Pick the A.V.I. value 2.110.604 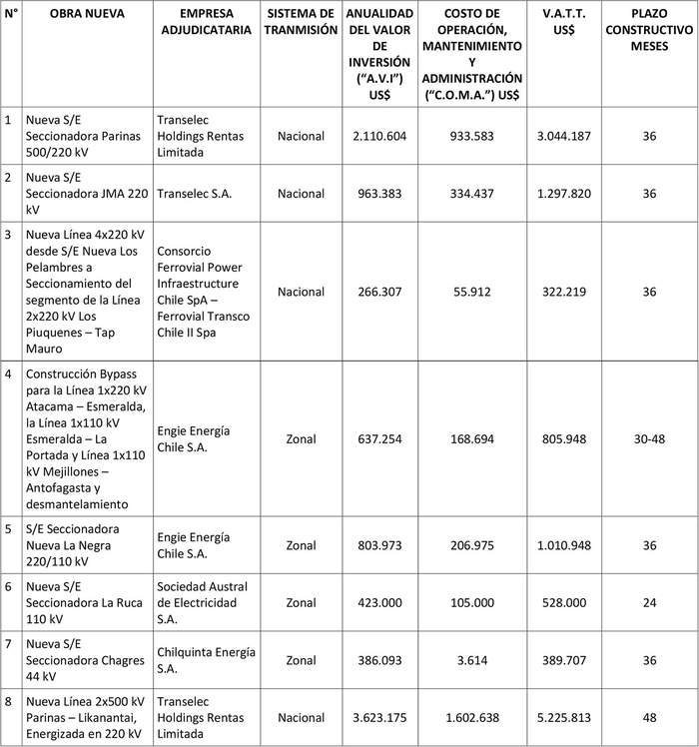click(x=379, y=135)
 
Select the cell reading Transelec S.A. click(x=195, y=194)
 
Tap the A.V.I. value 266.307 click(x=379, y=292)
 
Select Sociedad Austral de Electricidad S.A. click(x=203, y=603)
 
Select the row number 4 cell click(x=9, y=373)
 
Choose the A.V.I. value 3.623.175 click(x=379, y=718)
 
